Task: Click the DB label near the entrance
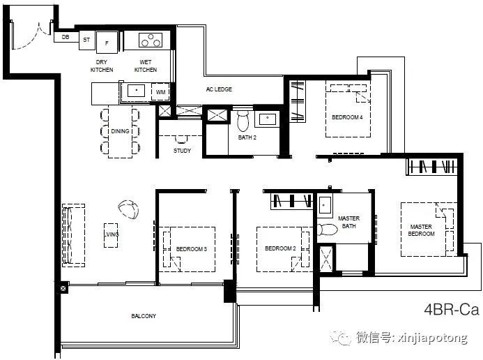(x=66, y=37)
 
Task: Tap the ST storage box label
(x=86, y=40)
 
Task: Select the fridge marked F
(x=107, y=43)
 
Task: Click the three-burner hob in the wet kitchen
(x=151, y=40)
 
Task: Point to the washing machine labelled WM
(x=160, y=92)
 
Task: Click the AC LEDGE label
(x=219, y=89)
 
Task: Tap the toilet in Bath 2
(x=243, y=121)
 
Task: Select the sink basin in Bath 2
(x=268, y=119)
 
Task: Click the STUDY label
(x=182, y=151)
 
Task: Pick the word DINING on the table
(x=120, y=131)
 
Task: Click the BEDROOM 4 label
(x=347, y=117)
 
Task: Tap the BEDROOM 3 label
(x=191, y=249)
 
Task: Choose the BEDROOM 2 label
(x=280, y=248)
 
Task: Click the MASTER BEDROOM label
(x=421, y=230)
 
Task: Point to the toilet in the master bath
(x=328, y=230)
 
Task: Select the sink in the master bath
(x=325, y=205)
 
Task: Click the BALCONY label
(x=144, y=316)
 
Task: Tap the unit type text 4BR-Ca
(x=451, y=310)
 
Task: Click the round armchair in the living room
(x=128, y=209)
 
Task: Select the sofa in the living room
(x=74, y=235)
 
